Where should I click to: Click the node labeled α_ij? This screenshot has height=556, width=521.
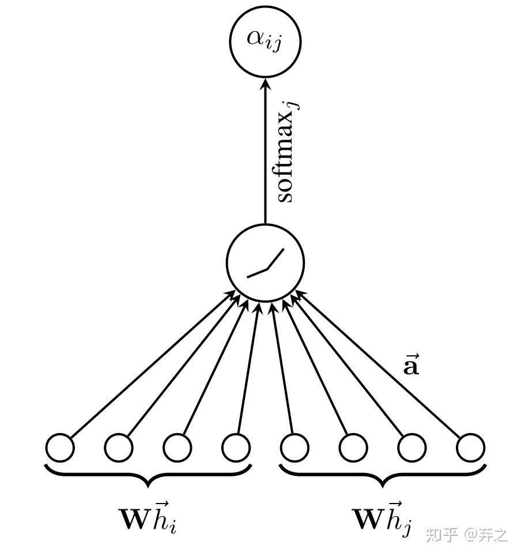pos(265,40)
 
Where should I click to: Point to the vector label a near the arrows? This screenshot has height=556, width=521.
pos(410,366)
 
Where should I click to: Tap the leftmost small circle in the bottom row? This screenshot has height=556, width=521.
pos(60,448)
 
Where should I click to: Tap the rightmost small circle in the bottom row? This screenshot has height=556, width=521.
pos(470,448)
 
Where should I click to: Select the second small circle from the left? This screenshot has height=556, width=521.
pos(119,448)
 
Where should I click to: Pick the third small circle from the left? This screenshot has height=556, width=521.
pos(177,448)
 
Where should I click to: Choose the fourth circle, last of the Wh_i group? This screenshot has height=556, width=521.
pos(236,448)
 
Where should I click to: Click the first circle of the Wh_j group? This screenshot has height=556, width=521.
pos(295,448)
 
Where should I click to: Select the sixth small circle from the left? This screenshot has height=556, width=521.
pos(353,448)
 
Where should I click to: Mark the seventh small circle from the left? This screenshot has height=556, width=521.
pos(411,448)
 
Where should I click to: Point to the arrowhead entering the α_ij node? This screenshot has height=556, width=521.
pos(265,84)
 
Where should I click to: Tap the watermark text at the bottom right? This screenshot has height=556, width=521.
pos(467,534)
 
